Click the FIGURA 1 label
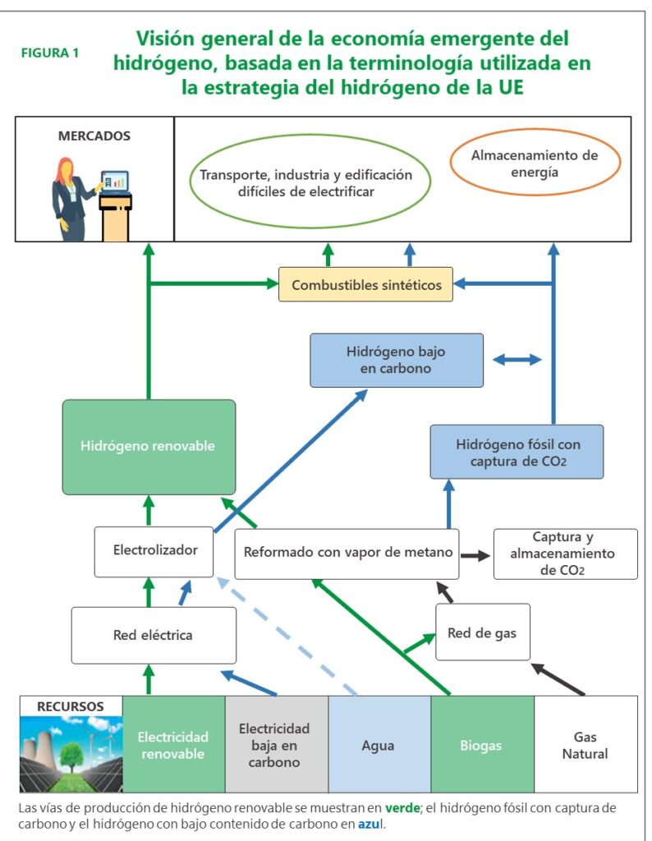pos(51,53)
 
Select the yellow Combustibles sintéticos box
pos(365,284)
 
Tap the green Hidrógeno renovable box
pos(149,446)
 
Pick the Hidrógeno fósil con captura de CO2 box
pos(517,452)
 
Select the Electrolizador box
pos(154,550)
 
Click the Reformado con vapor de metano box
pos(348,553)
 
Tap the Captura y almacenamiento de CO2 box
pos(565,554)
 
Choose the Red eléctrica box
pos(154,635)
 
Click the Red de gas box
pos(482,632)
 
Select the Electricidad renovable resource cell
pos(173,744)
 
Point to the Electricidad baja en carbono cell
pos(276,744)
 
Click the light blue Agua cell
pos(379,745)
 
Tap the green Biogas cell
pos(482,745)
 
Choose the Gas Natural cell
pos(585,745)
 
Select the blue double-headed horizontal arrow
pos(517,360)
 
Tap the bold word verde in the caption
pos(402,808)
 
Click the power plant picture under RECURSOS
pos(71,752)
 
